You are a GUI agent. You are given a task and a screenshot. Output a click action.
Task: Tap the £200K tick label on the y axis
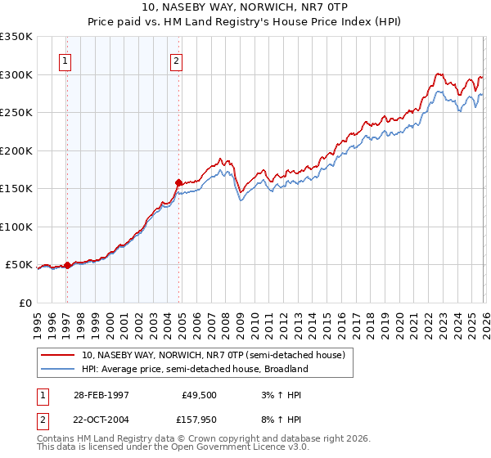(x=16, y=150)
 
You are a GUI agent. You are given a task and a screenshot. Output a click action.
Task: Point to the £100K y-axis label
(x=16, y=227)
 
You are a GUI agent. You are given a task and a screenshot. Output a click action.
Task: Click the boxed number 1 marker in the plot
(x=65, y=59)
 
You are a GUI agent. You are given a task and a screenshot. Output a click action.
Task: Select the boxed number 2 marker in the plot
(x=176, y=59)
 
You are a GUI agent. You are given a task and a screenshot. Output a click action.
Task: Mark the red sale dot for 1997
(x=68, y=265)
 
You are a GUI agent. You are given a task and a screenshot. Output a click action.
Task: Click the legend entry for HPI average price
(x=194, y=369)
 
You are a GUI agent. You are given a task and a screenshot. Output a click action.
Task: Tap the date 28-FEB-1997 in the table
(x=101, y=394)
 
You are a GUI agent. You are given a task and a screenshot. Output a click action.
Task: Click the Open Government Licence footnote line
(x=173, y=447)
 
